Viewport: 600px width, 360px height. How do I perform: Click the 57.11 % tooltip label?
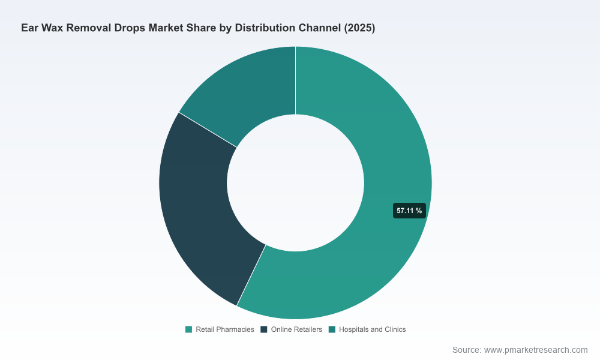click(409, 211)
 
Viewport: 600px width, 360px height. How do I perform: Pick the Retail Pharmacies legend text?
click(224, 329)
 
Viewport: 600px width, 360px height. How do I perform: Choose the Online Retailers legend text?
click(296, 329)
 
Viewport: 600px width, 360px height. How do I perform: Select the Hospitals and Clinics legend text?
click(373, 329)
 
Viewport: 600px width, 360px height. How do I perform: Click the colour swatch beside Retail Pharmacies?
click(188, 329)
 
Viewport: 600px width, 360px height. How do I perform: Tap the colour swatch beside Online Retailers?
click(263, 329)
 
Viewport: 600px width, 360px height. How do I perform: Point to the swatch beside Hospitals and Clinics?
click(332, 329)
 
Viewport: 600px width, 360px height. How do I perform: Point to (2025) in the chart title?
click(359, 28)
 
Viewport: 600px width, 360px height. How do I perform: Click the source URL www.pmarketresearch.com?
click(536, 350)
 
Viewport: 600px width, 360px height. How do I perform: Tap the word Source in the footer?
click(466, 350)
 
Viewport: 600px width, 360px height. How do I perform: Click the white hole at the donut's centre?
click(295, 183)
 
